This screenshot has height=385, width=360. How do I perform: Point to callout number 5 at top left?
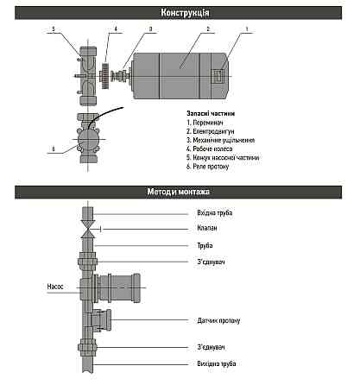[53, 29]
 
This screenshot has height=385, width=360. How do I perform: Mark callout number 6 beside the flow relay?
[53, 148]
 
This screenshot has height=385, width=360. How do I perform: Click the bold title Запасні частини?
[211, 113]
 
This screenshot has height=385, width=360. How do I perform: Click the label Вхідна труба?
[214, 212]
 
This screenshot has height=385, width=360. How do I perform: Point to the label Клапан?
[207, 229]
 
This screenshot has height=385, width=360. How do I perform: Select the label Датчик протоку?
[219, 320]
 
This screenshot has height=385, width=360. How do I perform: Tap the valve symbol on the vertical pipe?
[86, 228]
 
